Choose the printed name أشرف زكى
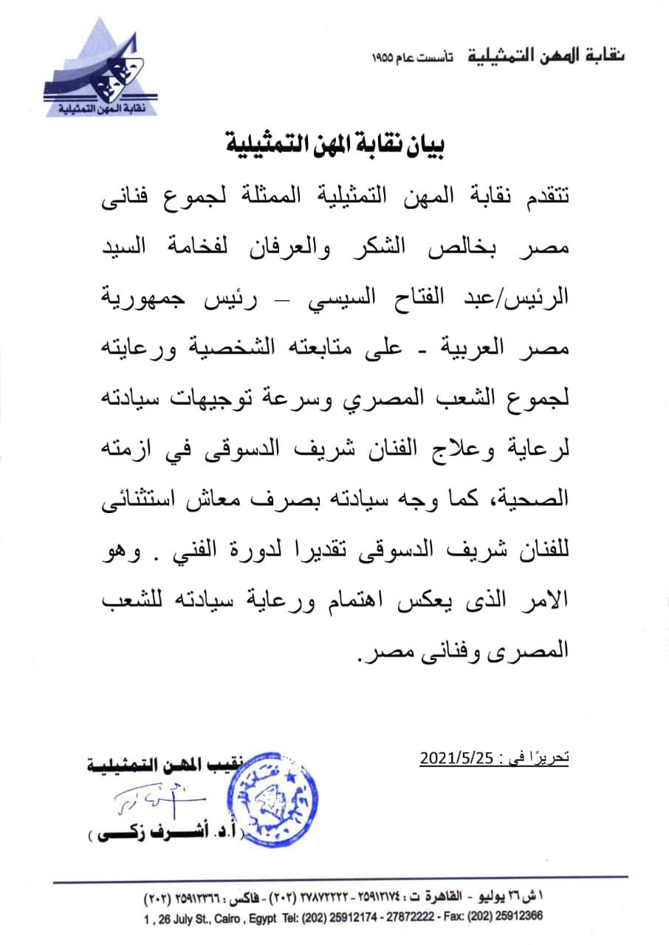point(159,836)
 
